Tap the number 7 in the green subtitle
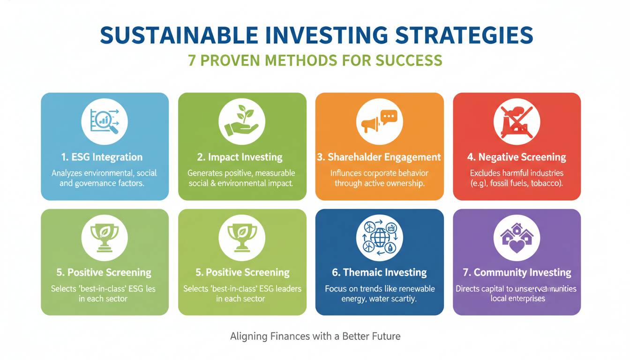click(x=192, y=60)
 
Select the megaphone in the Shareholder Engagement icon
click(x=370, y=125)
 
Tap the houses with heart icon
click(x=517, y=238)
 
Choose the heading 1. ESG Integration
click(x=102, y=157)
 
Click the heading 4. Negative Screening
click(x=517, y=157)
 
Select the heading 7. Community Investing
click(x=517, y=272)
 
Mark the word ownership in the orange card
click(x=405, y=183)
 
